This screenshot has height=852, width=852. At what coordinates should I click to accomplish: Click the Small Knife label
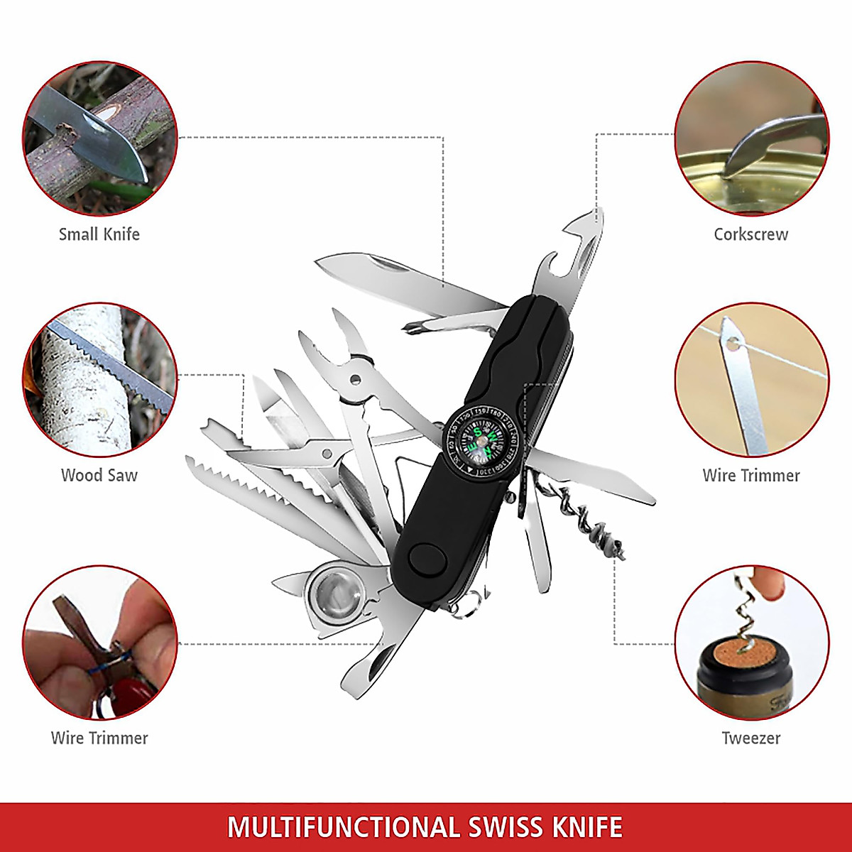99,234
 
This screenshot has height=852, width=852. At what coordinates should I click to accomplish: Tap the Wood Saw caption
99,476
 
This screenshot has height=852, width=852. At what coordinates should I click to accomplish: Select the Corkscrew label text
750,234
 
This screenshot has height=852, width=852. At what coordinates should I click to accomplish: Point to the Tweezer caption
750,738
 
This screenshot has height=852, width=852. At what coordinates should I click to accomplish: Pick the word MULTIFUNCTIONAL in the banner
343,828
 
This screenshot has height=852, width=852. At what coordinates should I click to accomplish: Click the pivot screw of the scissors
327,452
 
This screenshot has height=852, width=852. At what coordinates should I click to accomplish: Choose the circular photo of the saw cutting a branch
99,380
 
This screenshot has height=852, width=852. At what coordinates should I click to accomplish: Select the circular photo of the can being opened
750,138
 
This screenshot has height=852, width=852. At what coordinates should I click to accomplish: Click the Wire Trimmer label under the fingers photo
99,738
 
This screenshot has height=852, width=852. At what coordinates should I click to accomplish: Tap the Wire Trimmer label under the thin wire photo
750,476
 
